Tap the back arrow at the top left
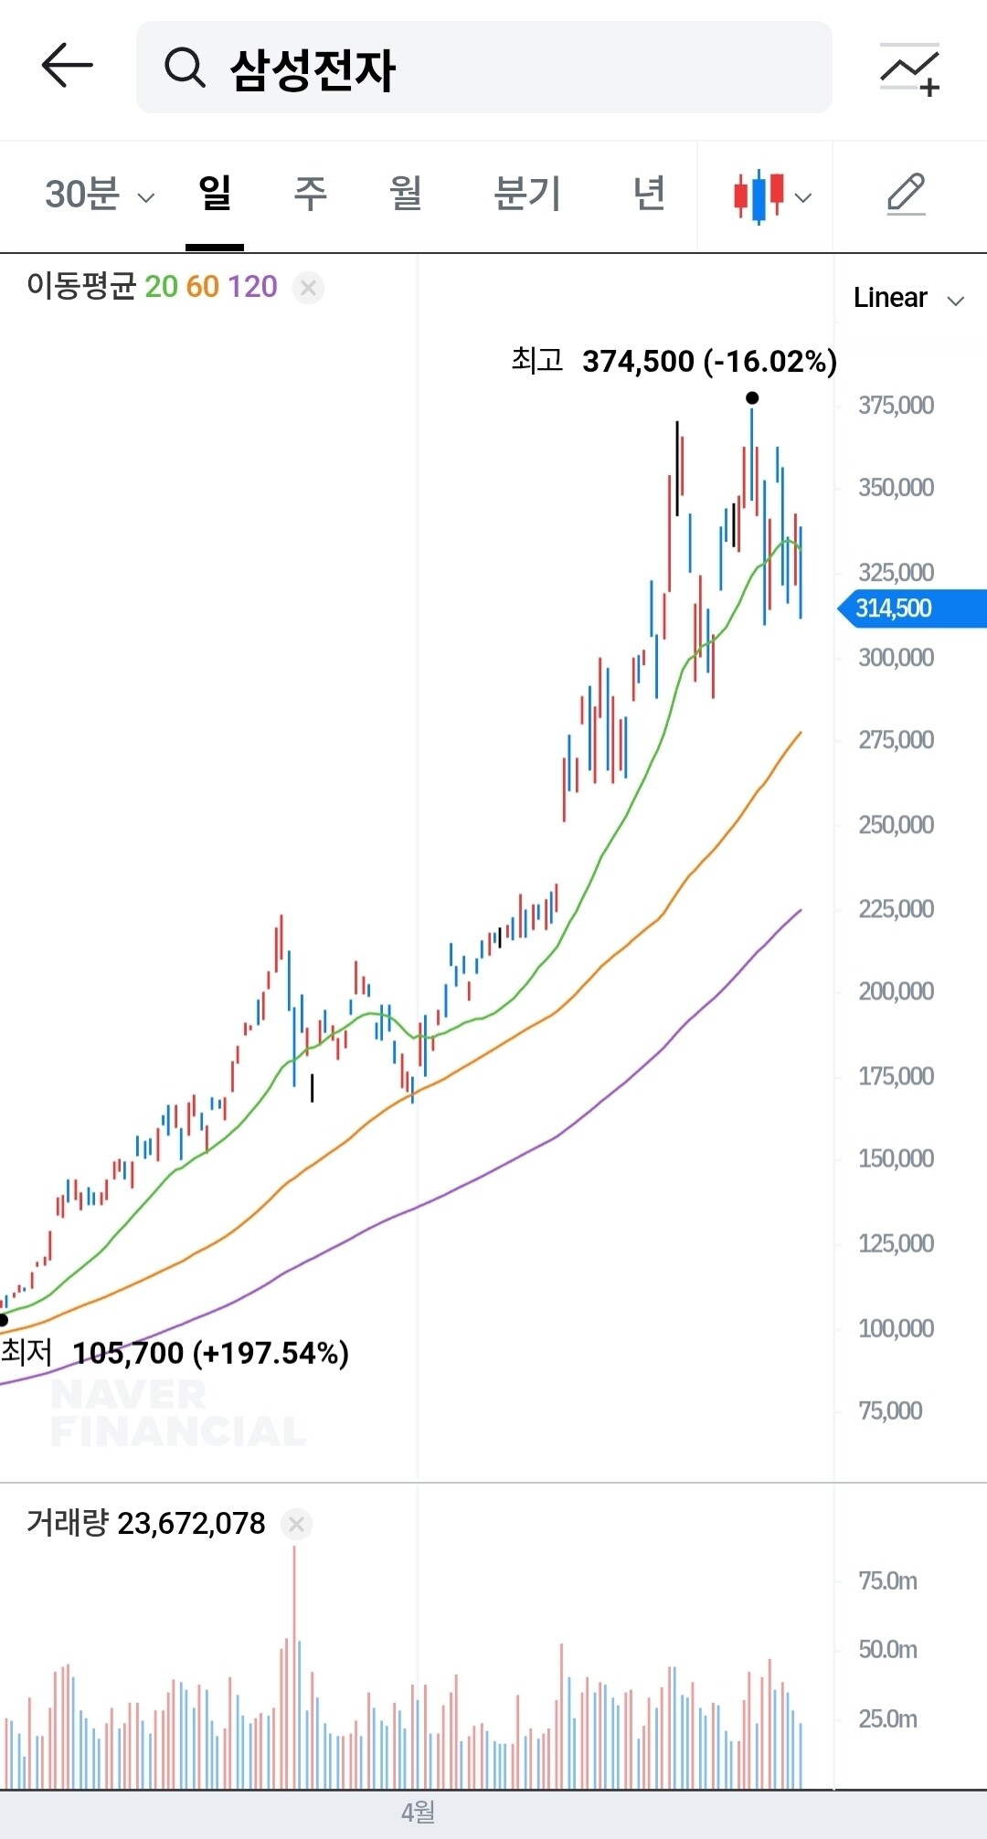67,65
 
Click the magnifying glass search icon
185,68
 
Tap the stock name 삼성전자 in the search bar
313,69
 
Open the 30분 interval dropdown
100,195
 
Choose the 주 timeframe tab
310,194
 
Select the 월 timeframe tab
406,194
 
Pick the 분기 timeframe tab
527,194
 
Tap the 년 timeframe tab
649,194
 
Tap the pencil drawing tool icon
907,195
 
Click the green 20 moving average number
161,287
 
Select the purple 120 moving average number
252,287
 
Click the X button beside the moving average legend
308,288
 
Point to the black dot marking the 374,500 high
752,397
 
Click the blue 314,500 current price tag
912,608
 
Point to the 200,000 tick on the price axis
896,991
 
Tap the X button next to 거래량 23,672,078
296,1524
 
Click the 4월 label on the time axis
418,1813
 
